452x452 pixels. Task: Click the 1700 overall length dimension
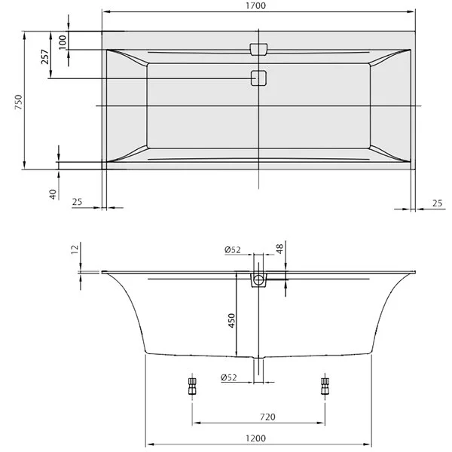point(258,5)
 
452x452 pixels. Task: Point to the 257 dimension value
point(44,56)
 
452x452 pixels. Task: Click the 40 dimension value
point(53,193)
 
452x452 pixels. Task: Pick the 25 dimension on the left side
point(77,202)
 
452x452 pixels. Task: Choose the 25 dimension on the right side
point(438,202)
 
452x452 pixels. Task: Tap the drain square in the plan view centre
point(258,78)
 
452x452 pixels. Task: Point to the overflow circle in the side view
point(258,281)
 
